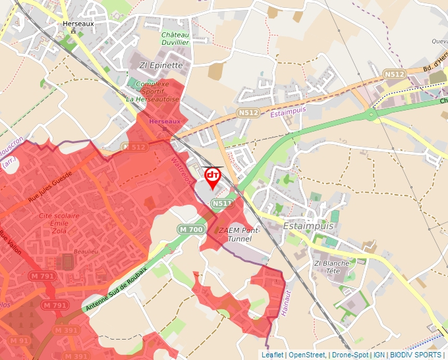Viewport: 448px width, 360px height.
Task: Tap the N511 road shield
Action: pyautogui.click(x=223, y=204)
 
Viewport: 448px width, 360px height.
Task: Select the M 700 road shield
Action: pyautogui.click(x=191, y=229)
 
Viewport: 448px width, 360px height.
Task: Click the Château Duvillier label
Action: pyautogui.click(x=175, y=38)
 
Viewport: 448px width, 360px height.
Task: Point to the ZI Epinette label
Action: pyautogui.click(x=161, y=65)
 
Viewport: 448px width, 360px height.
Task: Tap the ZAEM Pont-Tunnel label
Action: pyautogui.click(x=238, y=235)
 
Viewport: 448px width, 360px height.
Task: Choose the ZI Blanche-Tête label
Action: pyautogui.click(x=333, y=267)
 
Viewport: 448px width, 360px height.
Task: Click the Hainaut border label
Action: pyautogui.click(x=285, y=304)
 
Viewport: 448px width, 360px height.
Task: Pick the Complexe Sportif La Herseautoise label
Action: pyautogui.click(x=153, y=91)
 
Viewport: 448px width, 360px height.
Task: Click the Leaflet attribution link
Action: pyautogui.click(x=273, y=355)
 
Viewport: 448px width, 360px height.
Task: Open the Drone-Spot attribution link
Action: pyautogui.click(x=350, y=355)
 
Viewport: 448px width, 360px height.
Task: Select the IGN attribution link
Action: pyautogui.click(x=379, y=355)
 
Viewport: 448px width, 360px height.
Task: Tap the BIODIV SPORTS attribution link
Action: pyautogui.click(x=416, y=355)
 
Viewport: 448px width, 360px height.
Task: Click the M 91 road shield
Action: pyautogui.click(x=18, y=341)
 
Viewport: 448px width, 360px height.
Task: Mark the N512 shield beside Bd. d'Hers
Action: pyautogui.click(x=394, y=74)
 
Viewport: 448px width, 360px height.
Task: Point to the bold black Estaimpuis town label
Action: pyautogui.click(x=308, y=226)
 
